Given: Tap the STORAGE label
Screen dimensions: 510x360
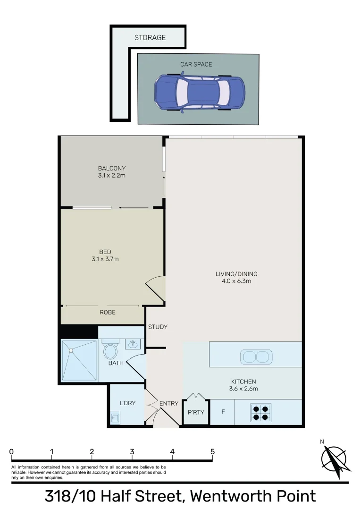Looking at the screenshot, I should (150, 37).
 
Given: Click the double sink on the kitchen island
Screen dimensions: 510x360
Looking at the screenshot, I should (256, 357).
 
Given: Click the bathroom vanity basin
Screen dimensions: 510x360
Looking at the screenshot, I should (133, 344).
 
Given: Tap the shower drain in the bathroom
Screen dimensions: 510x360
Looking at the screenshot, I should (71, 350).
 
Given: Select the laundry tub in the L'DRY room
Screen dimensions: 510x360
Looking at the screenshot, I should (115, 417).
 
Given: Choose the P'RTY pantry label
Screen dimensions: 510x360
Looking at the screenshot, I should (196, 412).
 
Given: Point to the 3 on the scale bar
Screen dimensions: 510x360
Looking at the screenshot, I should (132, 451).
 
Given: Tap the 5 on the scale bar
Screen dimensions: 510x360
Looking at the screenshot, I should (213, 451).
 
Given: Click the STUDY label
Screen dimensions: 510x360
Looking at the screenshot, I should (158, 327).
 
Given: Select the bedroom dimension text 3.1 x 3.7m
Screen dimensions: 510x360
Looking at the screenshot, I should (105, 259).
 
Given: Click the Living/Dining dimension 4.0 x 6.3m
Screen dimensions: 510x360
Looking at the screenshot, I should (236, 281).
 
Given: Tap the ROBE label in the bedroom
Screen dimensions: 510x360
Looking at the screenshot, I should (107, 312).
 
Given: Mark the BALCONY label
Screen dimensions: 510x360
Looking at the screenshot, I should (112, 168).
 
